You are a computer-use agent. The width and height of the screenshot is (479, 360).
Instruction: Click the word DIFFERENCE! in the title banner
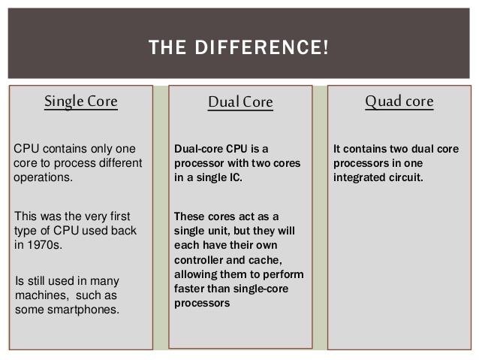pyautogui.click(x=262, y=47)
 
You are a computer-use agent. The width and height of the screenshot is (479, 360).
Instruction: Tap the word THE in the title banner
pyautogui.click(x=167, y=47)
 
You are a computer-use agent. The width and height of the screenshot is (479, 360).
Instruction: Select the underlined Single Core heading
pyautogui.click(x=81, y=101)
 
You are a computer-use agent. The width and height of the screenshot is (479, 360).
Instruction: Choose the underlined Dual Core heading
pyautogui.click(x=240, y=102)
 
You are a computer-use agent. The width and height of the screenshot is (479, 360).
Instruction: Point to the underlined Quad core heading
pyautogui.click(x=399, y=101)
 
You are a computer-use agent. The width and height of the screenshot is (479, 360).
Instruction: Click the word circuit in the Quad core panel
pyautogui.click(x=406, y=177)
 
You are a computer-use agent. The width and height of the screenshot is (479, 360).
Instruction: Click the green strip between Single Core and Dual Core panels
pyautogui.click(x=161, y=217)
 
